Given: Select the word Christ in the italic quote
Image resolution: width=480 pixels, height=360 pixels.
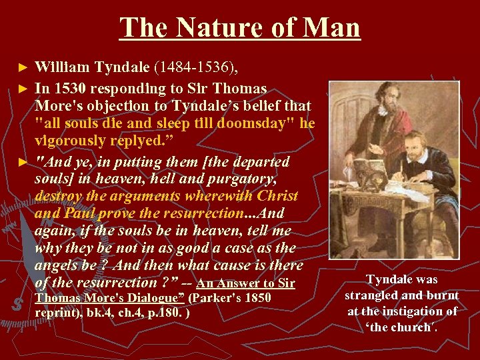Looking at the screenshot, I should [x=275, y=197].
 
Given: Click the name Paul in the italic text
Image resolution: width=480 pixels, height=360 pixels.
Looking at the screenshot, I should [x=83, y=214].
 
